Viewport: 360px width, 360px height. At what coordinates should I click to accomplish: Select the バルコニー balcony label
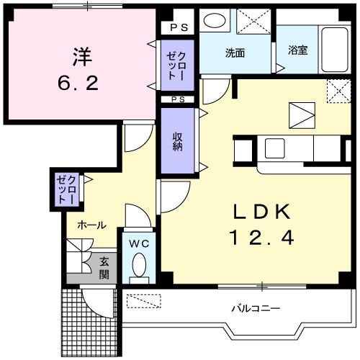256,308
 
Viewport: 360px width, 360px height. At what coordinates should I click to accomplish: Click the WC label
138,243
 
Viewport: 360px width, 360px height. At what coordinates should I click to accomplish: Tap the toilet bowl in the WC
138,266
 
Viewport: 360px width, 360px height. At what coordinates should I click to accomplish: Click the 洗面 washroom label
235,53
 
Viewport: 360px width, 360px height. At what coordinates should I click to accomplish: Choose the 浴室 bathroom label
297,50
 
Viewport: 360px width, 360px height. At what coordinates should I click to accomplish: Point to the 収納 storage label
177,139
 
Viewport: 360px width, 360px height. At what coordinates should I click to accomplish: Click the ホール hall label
92,225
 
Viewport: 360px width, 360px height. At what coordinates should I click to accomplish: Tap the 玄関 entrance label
104,268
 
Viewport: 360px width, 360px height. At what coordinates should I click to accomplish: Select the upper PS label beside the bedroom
178,28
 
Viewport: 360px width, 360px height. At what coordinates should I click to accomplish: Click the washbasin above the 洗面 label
213,20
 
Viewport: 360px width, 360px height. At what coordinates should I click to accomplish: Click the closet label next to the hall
66,189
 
